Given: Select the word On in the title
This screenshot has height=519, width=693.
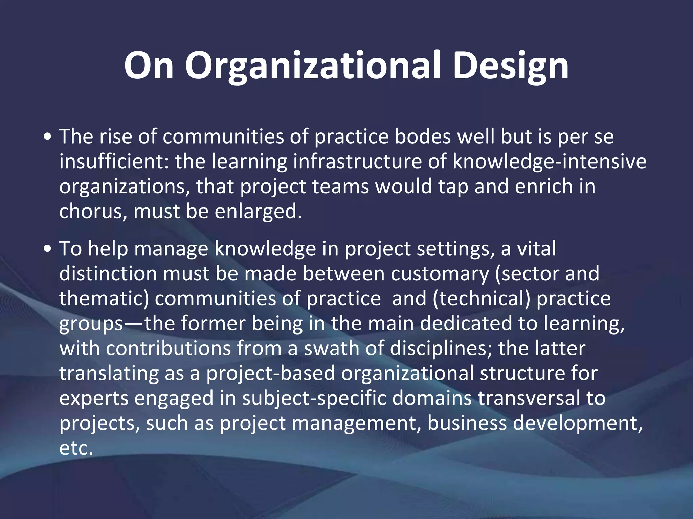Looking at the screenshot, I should pyautogui.click(x=149, y=66).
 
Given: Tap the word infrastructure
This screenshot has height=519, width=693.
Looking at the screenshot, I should pyautogui.click(x=357, y=162).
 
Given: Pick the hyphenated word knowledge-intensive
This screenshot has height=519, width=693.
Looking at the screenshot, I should pyautogui.click(x=549, y=162).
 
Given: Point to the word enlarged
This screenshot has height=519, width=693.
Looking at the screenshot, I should pyautogui.click(x=258, y=212).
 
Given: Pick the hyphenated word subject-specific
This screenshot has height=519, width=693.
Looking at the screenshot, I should pyautogui.click(x=314, y=398).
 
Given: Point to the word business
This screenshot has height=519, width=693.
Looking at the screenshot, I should pyautogui.click(x=467, y=423).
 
